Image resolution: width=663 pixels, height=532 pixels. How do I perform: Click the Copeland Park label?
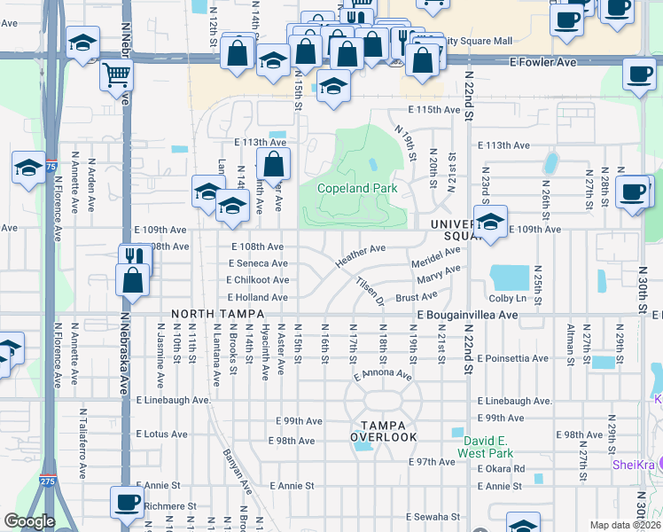pos(358,188)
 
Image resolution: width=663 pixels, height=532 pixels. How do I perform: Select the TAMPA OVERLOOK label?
pos(383,432)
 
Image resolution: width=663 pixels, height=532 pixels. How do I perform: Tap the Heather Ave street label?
pos(360,255)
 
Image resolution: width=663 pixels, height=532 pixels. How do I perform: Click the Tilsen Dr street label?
pos(370,290)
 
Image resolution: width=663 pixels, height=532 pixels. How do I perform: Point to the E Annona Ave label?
pos(383,376)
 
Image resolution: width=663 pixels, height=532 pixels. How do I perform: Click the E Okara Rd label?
pos(501,468)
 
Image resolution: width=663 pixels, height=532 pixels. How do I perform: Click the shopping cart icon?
pos(116,75)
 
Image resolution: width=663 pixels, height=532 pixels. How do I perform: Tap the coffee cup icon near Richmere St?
pos(127,502)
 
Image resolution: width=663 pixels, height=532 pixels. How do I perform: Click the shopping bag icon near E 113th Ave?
pos(273,163)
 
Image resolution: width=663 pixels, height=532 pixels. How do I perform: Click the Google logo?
pos(29,521)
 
